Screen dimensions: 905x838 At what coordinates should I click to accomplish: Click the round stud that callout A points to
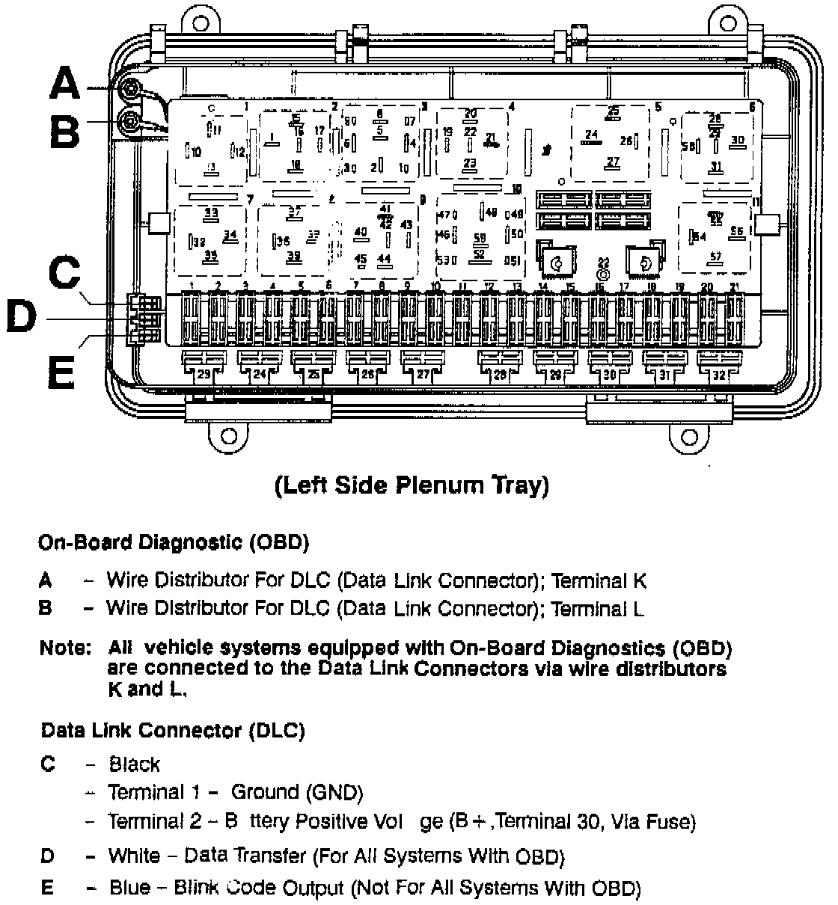coord(131,89)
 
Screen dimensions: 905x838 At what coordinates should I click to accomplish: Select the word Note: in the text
coord(65,648)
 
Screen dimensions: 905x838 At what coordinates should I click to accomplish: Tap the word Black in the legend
coord(135,764)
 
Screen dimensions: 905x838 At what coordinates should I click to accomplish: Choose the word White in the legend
coord(134,856)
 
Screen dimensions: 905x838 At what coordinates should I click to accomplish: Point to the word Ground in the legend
coord(265,792)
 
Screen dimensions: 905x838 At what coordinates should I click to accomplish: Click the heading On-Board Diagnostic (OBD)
coord(174,542)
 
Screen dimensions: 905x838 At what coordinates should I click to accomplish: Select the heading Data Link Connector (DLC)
coord(173,730)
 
